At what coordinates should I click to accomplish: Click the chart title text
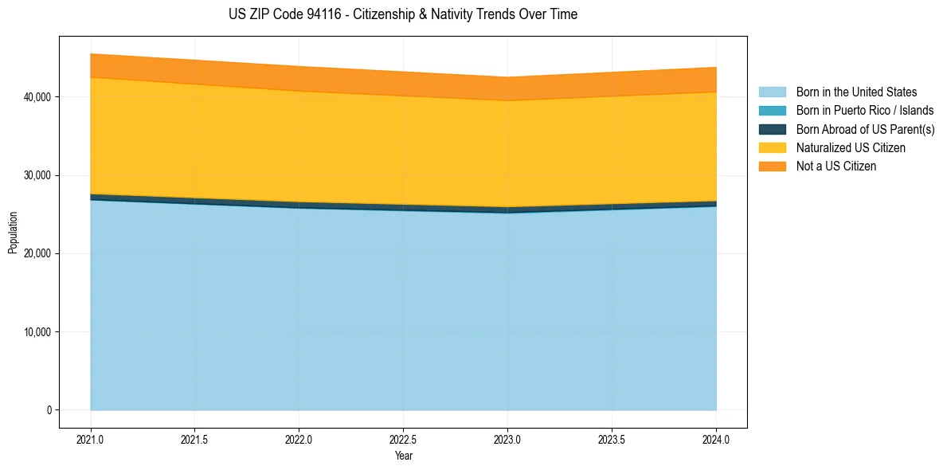[x=403, y=14]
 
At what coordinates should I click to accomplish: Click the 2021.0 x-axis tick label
[x=91, y=440]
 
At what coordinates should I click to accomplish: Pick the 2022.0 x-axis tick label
[x=299, y=440]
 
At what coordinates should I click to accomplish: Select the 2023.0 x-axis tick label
[x=507, y=440]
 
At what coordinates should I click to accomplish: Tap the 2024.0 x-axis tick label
[x=716, y=440]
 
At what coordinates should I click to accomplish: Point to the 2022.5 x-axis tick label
[x=404, y=440]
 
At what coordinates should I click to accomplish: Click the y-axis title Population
[x=12, y=233]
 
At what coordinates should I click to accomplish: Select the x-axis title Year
[x=404, y=456]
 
